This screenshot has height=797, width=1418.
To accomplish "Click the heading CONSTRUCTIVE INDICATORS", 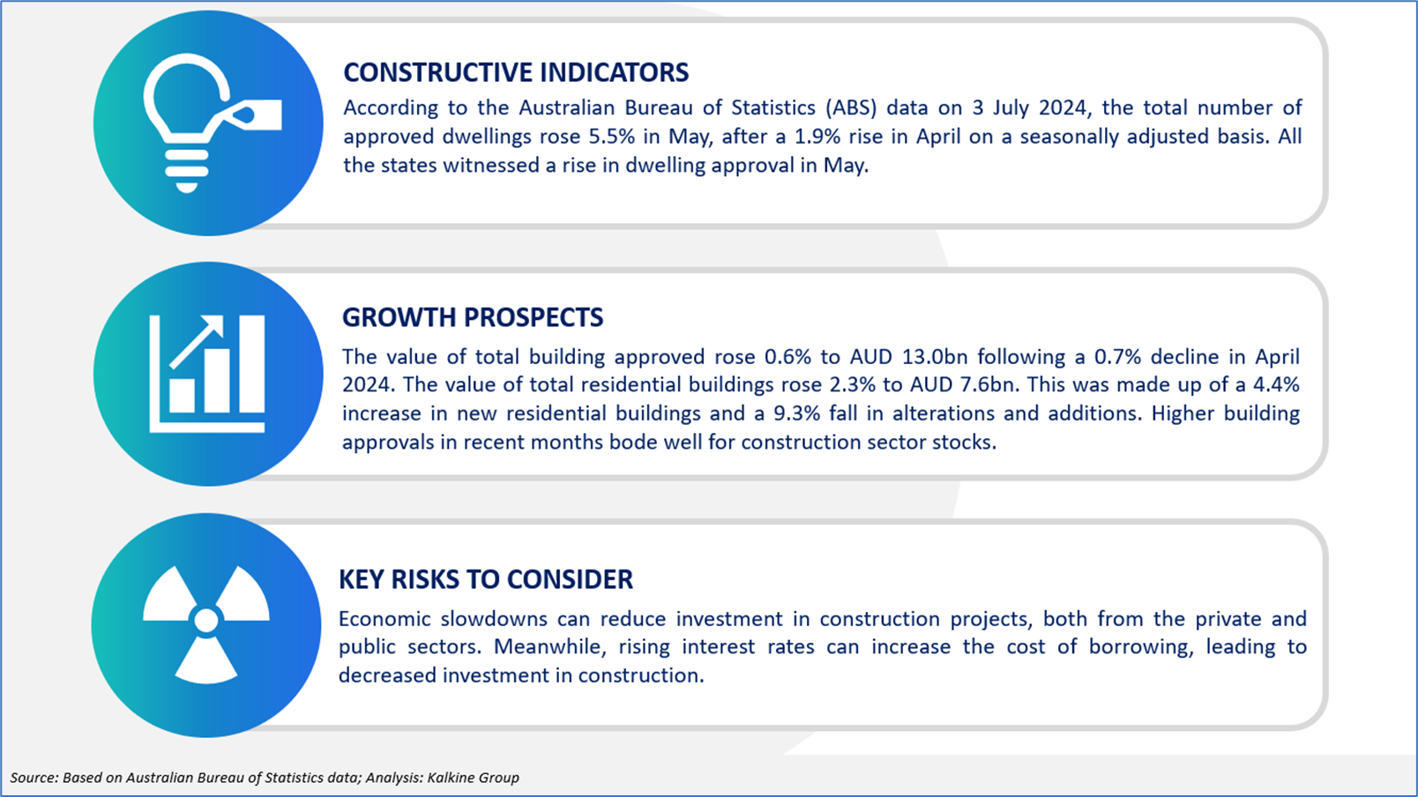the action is tap(516, 73).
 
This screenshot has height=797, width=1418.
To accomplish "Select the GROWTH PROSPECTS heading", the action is tap(473, 317).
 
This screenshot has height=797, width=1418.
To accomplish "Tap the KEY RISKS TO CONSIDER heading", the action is tap(486, 580).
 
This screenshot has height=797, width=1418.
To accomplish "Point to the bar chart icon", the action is tap(207, 374).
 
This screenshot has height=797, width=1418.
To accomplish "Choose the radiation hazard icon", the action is tap(206, 624).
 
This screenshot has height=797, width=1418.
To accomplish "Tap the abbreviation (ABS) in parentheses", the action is tap(852, 108).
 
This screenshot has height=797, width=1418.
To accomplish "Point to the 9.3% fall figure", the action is tap(797, 413).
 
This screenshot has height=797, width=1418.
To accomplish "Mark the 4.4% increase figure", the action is tap(1277, 385).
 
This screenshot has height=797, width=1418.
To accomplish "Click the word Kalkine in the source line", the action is tap(450, 778).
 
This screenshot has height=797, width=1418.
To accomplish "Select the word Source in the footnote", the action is tap(34, 778).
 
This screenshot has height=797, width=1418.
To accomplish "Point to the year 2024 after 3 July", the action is tap(1065, 108).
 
